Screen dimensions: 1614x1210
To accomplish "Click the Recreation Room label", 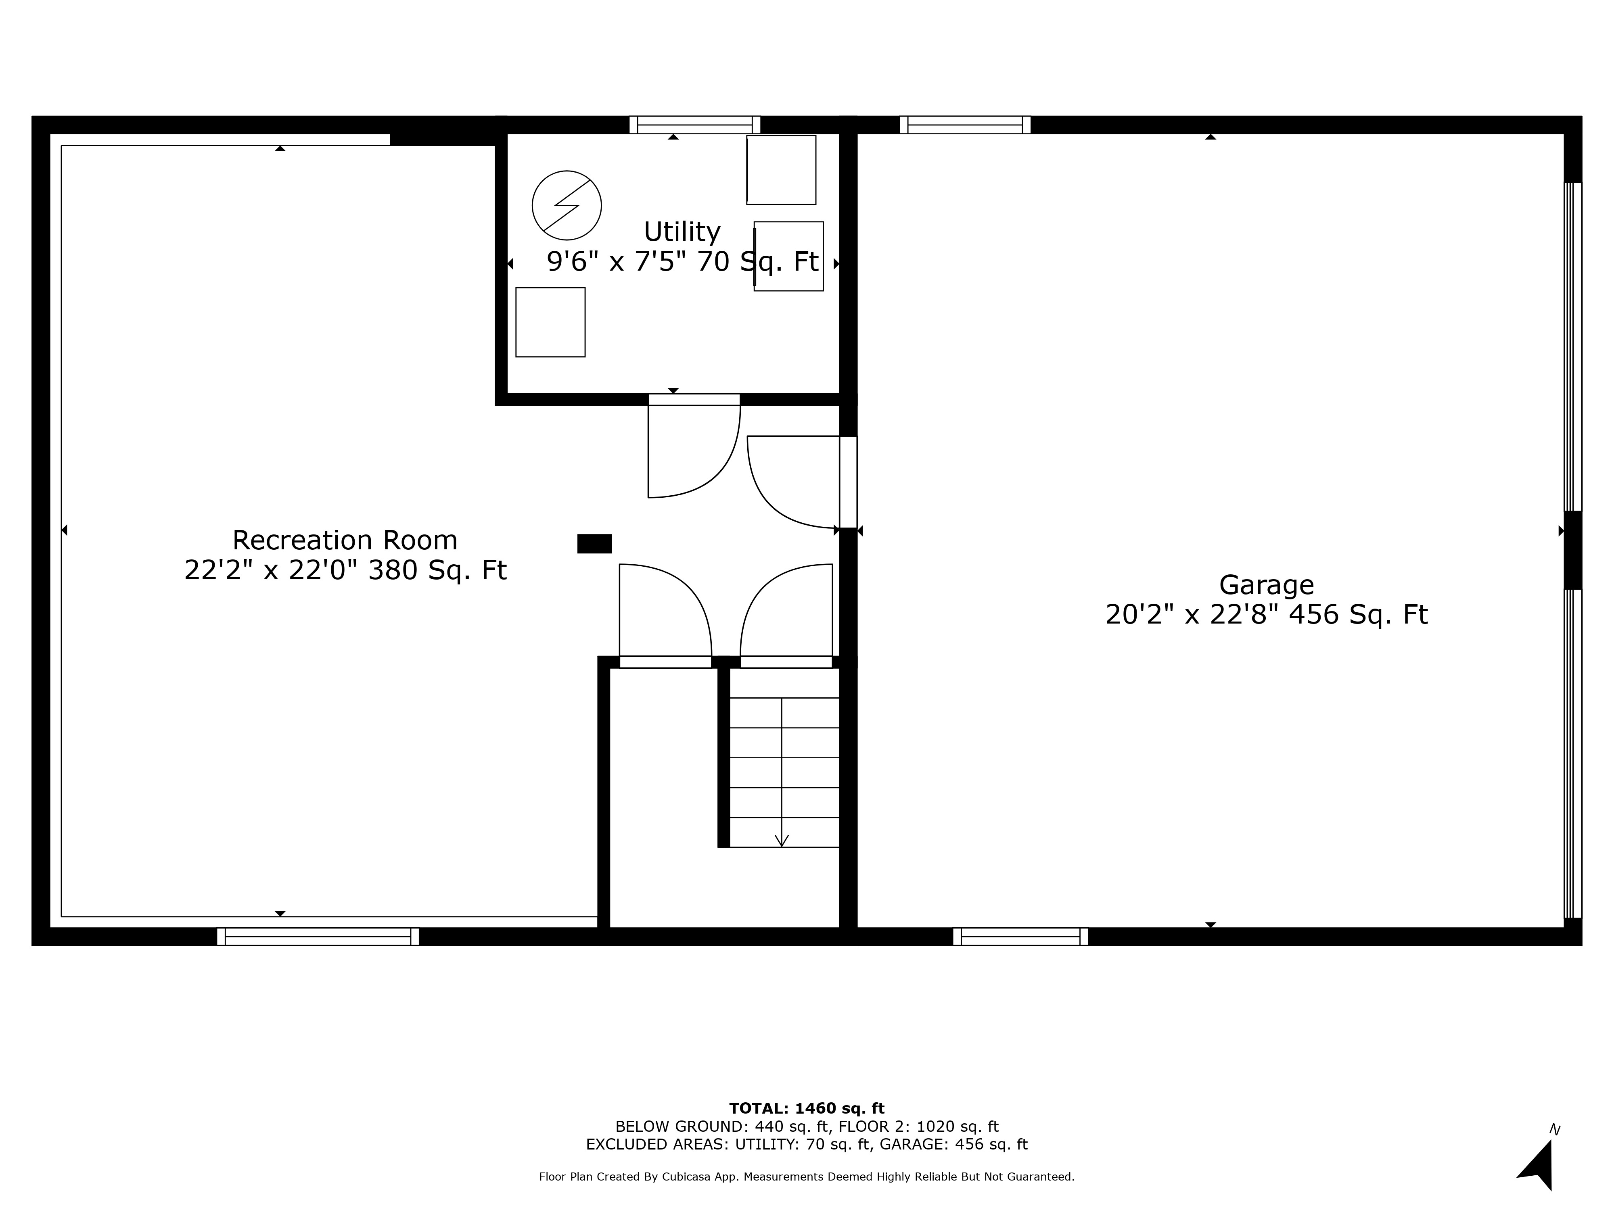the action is click(x=345, y=540).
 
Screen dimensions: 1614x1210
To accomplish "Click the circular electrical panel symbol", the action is click(x=567, y=206).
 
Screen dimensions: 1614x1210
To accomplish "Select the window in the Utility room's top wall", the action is click(x=695, y=125).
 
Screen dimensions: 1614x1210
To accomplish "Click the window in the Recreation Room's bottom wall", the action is click(x=318, y=937).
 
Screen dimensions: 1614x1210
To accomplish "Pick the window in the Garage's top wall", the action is click(x=965, y=125).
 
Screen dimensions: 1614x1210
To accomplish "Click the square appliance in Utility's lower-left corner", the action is click(x=550, y=322).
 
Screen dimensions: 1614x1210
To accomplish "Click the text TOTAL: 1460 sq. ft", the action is click(x=807, y=1109).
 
